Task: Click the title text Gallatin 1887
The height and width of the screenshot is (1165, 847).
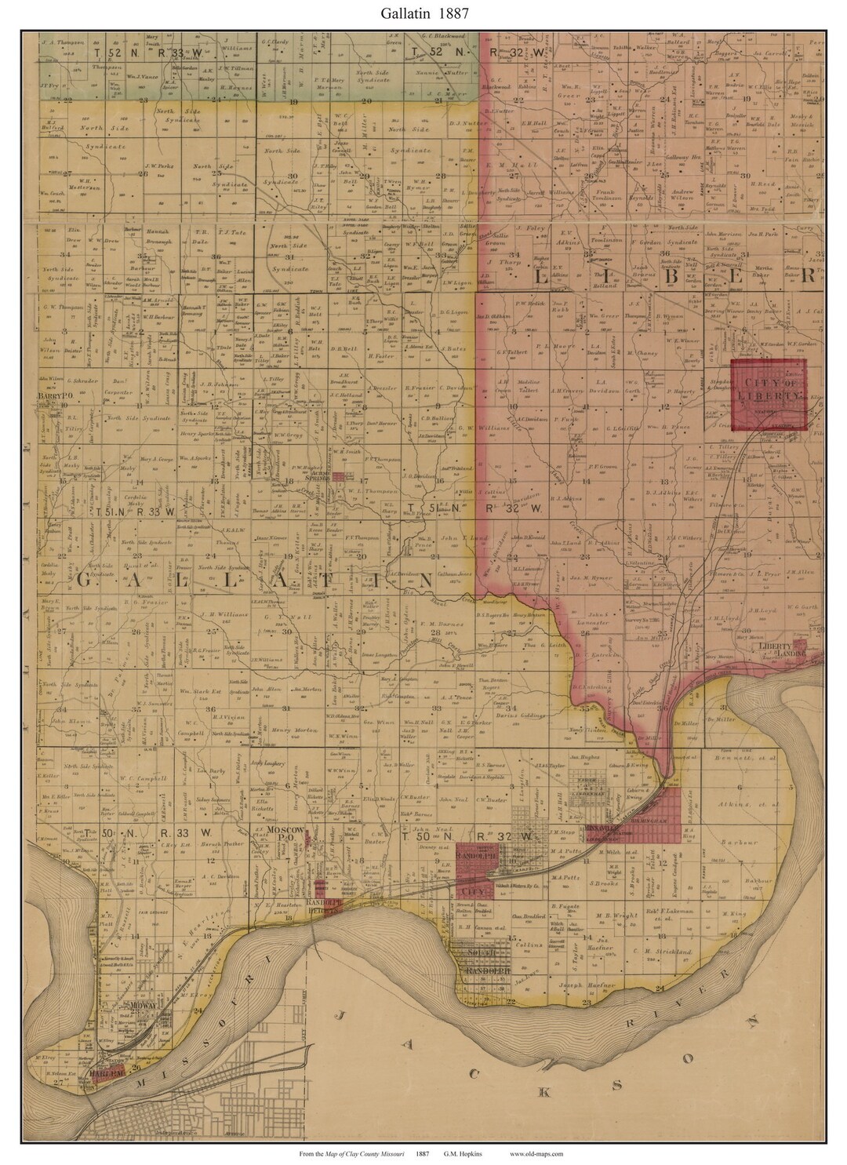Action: coord(424,13)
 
